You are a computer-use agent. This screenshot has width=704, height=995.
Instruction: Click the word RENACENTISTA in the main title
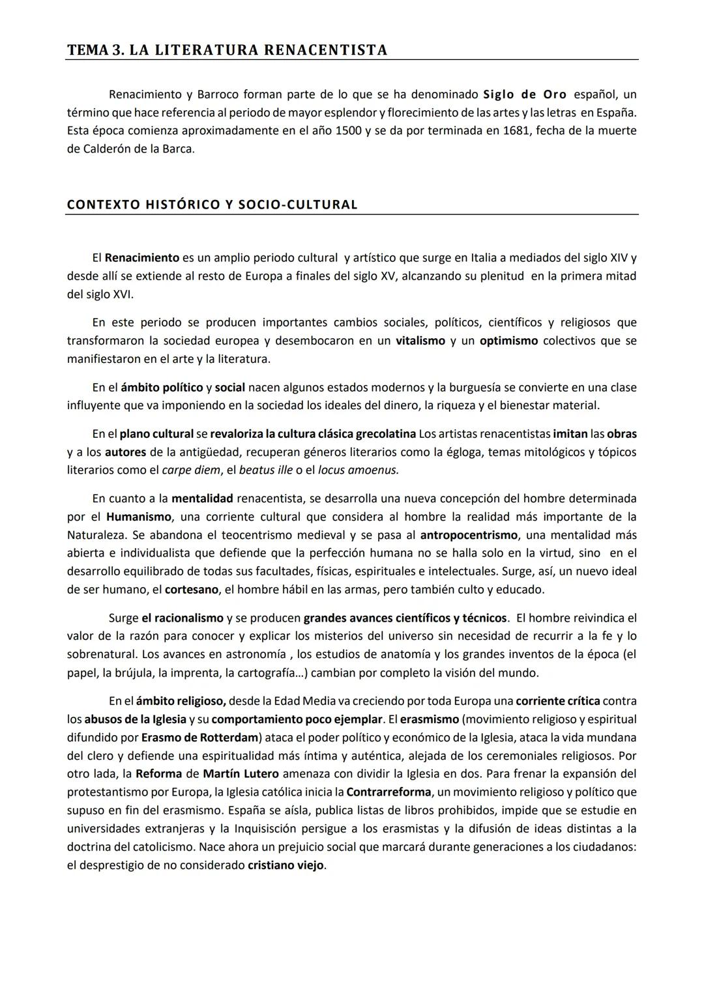click(x=325, y=50)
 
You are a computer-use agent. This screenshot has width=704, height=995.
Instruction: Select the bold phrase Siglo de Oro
click(x=525, y=94)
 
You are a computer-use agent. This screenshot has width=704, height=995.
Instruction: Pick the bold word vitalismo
click(x=420, y=341)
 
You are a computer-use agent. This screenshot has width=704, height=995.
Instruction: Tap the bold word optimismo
click(x=508, y=341)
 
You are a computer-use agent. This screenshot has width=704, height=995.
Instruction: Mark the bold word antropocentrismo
click(x=469, y=535)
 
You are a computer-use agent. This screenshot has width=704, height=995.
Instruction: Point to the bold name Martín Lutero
click(x=241, y=774)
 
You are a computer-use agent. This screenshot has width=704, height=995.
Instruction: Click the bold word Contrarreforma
click(x=389, y=792)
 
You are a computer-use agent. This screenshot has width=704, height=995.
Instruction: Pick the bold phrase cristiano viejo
click(x=286, y=865)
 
